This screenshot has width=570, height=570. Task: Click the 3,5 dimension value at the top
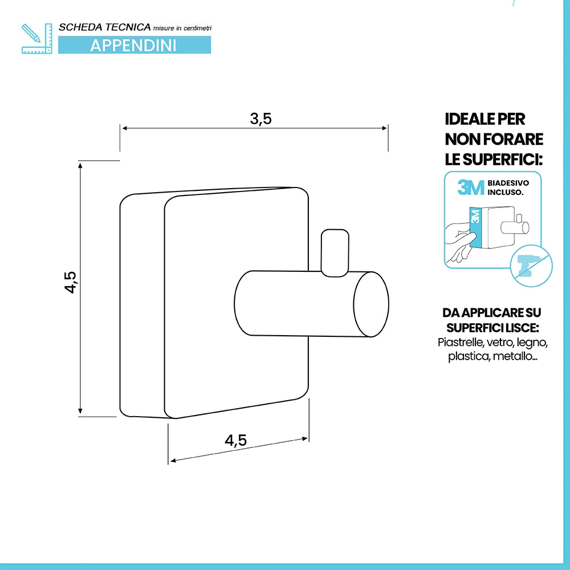260,119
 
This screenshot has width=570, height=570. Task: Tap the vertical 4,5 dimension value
70,282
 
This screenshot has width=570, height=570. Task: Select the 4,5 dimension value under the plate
235,440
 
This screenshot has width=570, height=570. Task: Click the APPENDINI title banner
135,45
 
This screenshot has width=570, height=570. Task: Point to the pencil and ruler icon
36,39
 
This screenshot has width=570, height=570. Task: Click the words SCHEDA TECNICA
105,27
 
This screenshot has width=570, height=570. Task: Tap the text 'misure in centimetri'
182,28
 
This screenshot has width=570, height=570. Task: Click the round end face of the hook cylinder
371,304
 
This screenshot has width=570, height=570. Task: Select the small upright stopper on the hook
335,253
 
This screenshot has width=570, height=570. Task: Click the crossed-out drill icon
531,266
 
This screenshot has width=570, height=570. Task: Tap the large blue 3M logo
471,188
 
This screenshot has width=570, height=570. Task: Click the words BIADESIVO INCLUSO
508,188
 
